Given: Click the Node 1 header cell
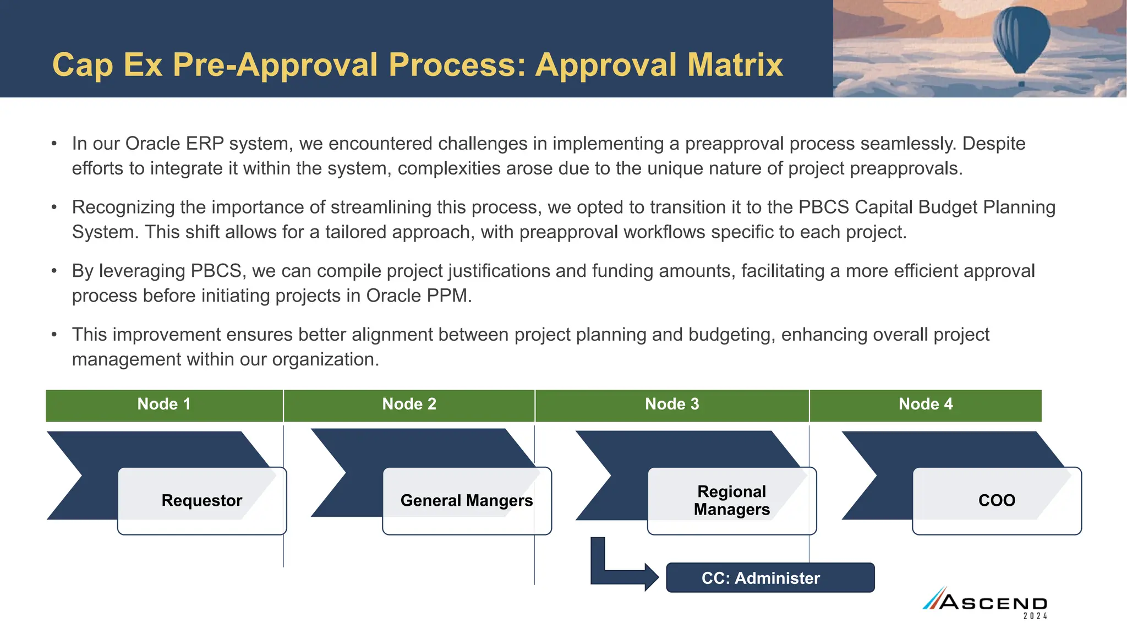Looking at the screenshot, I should coord(164,405).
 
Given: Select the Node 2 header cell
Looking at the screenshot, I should coord(409,405).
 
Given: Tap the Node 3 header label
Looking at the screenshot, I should coord(672,405).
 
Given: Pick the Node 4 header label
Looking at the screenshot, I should coord(926,405).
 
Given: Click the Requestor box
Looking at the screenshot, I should coord(202,501).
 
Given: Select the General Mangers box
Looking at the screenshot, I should coord(467,501).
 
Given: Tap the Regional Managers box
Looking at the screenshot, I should coord(731,501).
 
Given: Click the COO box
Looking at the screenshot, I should coord(997,501).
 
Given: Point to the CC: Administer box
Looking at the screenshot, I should coord(770,578).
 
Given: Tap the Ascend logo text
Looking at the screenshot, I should coord(993,602).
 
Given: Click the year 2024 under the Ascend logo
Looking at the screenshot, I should coord(1035,616).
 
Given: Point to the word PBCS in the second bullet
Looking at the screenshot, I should coord(824,207).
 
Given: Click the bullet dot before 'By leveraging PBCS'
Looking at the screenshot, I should coord(54,271).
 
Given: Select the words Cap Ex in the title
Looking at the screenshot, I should coord(107,65).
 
